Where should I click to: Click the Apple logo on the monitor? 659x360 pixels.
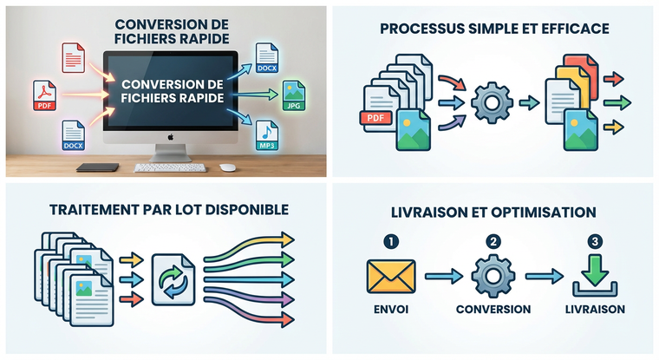[x=171, y=137]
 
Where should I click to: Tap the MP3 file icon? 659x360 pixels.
[x=267, y=135]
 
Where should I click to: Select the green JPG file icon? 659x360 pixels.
[x=294, y=95]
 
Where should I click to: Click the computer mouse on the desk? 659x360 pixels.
[x=227, y=167]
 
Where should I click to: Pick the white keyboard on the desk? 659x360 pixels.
[x=170, y=167]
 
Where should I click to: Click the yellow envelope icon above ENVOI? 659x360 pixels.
[x=391, y=277]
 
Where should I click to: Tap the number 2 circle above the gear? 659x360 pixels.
[x=493, y=241]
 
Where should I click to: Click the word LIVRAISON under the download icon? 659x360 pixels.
[x=595, y=309]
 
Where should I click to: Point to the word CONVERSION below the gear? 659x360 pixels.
[x=493, y=309]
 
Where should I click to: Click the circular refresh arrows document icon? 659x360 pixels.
[x=173, y=279]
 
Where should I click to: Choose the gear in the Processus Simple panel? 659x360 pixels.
[x=492, y=102]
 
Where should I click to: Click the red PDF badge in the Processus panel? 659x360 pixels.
[x=375, y=118]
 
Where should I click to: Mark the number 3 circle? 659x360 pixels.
[x=595, y=241]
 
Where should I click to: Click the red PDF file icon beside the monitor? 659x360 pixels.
[x=44, y=95]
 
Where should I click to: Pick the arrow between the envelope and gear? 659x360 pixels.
[x=444, y=277]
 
